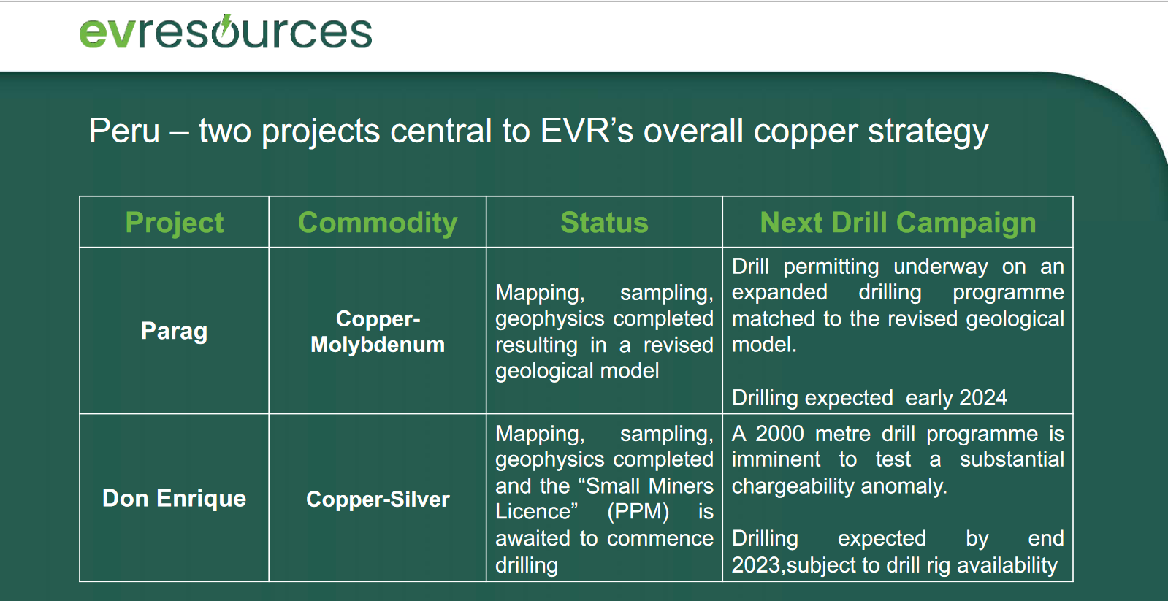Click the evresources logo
pos(225,31)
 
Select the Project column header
pos(174,223)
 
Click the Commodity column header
pos(378,223)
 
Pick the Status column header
pos(604,223)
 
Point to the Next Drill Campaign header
pos(898,223)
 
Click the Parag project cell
pos(174,332)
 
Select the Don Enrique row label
pos(174,498)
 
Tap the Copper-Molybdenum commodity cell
pos(378,332)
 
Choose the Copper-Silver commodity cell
pos(378,499)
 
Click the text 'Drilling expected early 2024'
pos(869,398)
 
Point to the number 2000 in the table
pos(780,434)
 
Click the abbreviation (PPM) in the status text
pos(638,512)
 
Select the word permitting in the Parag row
pos(831,267)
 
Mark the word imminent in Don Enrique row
pos(776,460)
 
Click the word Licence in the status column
pos(537,512)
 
